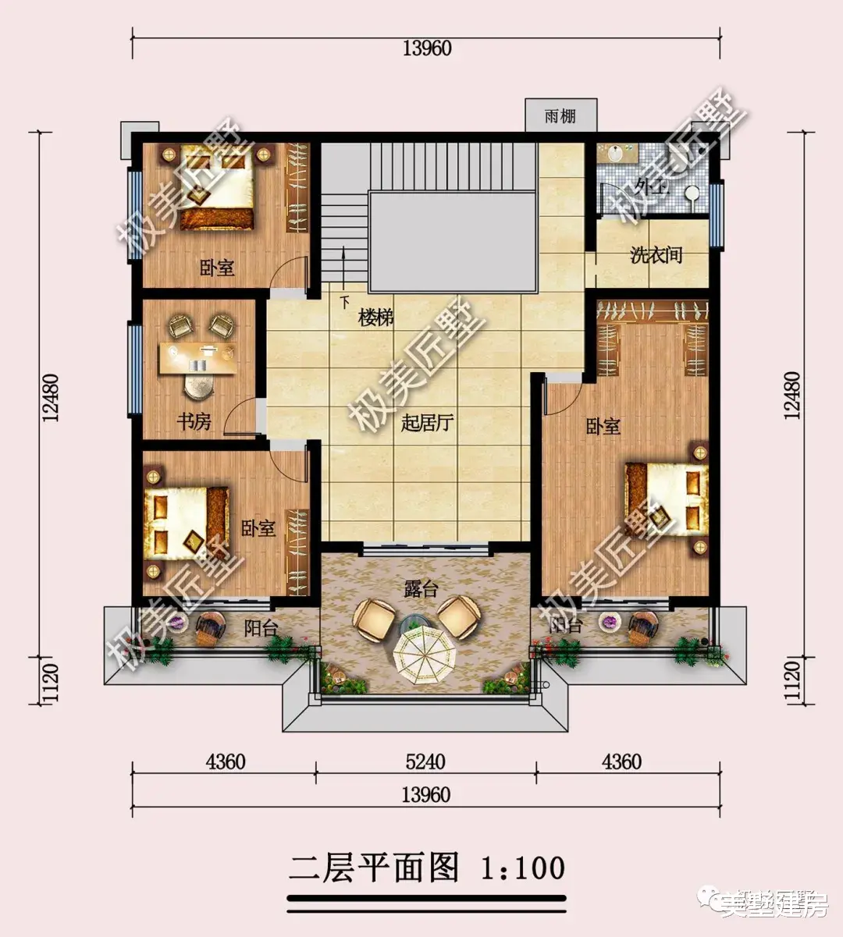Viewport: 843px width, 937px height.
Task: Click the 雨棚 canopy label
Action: coord(560,116)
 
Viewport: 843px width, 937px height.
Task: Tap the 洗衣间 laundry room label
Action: coord(656,254)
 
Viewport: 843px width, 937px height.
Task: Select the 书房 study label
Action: coord(194,422)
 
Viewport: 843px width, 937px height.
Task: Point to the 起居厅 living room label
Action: coord(427,424)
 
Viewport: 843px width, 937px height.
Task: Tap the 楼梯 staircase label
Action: coord(375,318)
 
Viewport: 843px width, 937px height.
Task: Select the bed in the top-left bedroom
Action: coord(218,190)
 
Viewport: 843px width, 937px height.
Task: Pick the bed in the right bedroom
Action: coord(667,499)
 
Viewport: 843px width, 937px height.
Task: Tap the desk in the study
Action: coord(198,359)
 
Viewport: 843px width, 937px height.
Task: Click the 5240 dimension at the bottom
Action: coord(425,761)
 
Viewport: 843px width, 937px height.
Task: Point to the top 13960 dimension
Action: coord(427,48)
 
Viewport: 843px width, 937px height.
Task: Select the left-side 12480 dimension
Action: coord(52,397)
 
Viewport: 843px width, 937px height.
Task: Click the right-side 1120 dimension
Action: coord(793,681)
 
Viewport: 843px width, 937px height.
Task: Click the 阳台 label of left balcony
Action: coord(260,627)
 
